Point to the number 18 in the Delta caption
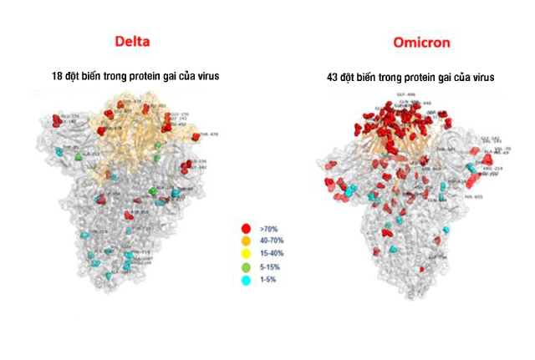(58, 76)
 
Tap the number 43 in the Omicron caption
(333, 77)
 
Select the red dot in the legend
(245, 226)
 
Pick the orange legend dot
(245, 239)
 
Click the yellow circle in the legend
(245, 251)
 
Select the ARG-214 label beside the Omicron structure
(494, 168)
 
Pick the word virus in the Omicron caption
(480, 77)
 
